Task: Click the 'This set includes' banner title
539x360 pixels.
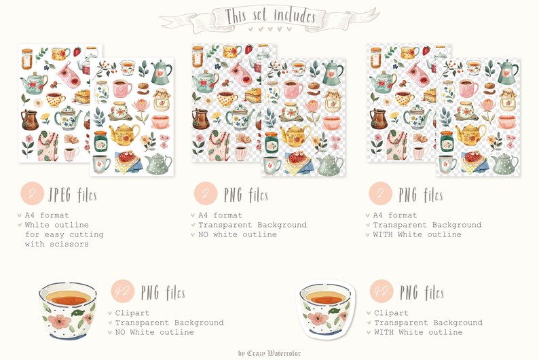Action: (x=269, y=15)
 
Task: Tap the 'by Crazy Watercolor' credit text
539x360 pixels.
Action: (x=269, y=353)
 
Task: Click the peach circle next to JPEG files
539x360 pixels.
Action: (x=32, y=194)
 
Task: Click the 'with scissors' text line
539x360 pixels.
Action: (x=56, y=244)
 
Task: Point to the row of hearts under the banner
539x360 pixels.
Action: (x=269, y=29)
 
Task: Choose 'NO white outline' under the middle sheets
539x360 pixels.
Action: (x=237, y=234)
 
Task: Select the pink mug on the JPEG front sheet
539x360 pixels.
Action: (x=122, y=89)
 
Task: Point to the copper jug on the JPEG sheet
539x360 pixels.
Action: (x=30, y=120)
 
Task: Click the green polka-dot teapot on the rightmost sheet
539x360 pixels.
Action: (x=504, y=163)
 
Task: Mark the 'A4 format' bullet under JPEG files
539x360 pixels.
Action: (x=46, y=215)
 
